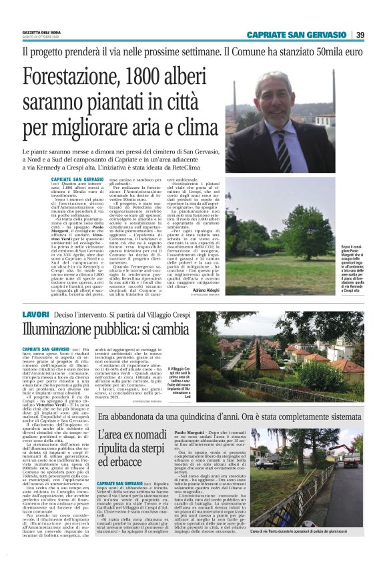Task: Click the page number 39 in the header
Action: [x=360, y=35]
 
